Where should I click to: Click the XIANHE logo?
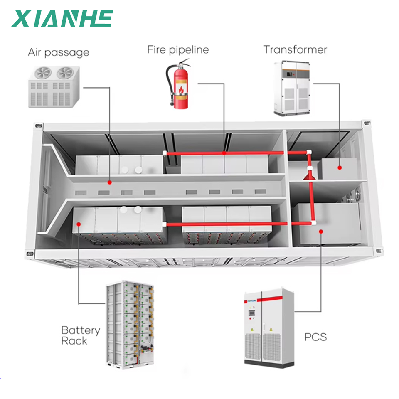tap(62, 19)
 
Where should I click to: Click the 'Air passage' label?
tap(59, 52)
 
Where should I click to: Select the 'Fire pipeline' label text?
tap(178, 49)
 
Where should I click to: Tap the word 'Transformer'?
tap(295, 49)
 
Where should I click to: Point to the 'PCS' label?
tap(315, 337)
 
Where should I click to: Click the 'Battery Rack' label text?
tap(81, 335)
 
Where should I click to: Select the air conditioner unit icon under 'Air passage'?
tap(54, 87)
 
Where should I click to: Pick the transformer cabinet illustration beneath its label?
tap(292, 88)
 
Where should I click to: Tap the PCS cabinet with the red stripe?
tap(269, 328)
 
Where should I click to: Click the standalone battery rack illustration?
tap(130, 325)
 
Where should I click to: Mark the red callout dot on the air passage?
tap(109, 182)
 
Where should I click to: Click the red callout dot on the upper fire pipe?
tap(224, 153)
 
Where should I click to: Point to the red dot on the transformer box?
tap(340, 168)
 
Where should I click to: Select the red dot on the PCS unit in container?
tap(321, 232)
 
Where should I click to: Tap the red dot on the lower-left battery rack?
tap(79, 224)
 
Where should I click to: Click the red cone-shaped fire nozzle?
tap(309, 175)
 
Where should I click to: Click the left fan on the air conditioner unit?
tap(43, 73)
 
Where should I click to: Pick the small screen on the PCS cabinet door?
tap(251, 313)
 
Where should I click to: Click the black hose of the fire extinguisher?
tap(169, 81)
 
